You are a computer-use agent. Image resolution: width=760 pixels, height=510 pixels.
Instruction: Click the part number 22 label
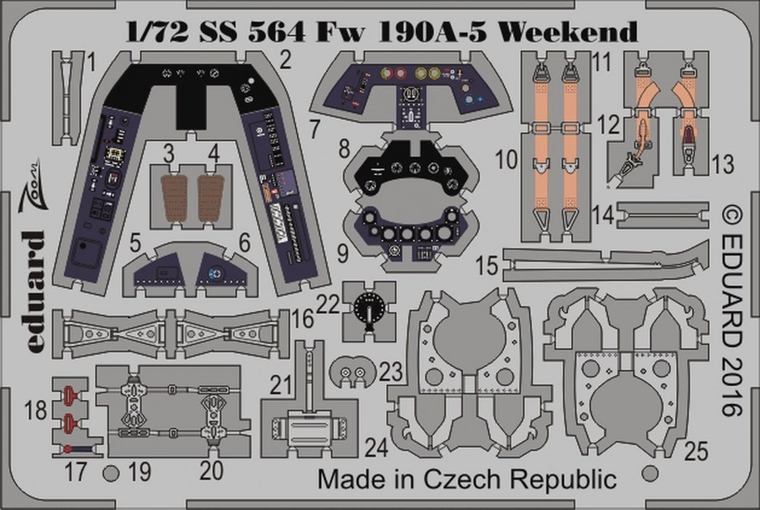coord(328,305)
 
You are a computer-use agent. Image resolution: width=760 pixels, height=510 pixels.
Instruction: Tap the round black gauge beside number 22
coord(369,307)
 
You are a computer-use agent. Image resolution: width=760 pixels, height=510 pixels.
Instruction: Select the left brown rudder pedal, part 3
coord(174,197)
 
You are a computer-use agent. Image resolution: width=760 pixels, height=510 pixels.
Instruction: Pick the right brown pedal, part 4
coord(211,197)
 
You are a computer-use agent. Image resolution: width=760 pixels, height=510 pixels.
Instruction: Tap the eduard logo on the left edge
coord(35,291)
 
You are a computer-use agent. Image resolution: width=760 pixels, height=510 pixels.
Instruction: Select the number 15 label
coord(486,266)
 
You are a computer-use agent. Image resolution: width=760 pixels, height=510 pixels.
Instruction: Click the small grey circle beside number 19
coord(111,474)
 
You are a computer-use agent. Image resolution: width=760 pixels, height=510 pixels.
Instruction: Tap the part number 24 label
coord(377,448)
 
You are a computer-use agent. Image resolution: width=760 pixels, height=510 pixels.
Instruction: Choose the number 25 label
coord(696,451)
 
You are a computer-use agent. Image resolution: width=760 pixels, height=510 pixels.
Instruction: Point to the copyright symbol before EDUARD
coord(731,215)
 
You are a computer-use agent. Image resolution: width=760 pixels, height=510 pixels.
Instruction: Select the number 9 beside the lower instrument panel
coord(343,253)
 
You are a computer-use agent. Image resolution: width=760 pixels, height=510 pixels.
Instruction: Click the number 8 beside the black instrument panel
coord(344,149)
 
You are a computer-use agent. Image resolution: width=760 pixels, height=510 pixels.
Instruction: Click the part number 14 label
coord(603,215)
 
